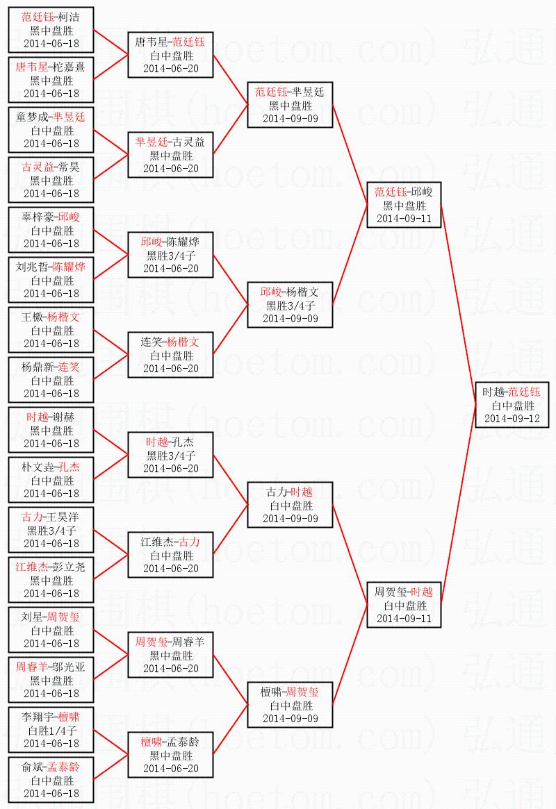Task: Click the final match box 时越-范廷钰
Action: point(512,405)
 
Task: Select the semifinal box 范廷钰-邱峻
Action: point(404,205)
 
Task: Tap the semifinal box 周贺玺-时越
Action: point(404,605)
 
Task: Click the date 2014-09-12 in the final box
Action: point(512,419)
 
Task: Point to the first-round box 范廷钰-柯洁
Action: point(51,30)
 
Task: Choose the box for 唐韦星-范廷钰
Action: point(170,55)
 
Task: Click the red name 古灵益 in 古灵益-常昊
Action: point(37,167)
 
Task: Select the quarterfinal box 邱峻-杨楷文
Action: point(290,305)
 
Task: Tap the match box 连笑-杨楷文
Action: point(170,355)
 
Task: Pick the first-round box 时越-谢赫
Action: point(51,430)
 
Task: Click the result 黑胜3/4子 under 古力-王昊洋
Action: point(51,531)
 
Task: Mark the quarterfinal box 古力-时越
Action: point(290,505)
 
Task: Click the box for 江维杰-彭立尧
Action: point(51,580)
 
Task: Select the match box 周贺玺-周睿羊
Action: point(170,656)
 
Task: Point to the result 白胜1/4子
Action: point(51,731)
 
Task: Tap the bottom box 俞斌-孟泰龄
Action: point(51,780)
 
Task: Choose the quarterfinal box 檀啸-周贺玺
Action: point(290,706)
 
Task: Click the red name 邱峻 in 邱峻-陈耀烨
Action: point(152,242)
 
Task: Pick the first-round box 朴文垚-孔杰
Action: point(51,480)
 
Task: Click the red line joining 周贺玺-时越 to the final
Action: point(459,505)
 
